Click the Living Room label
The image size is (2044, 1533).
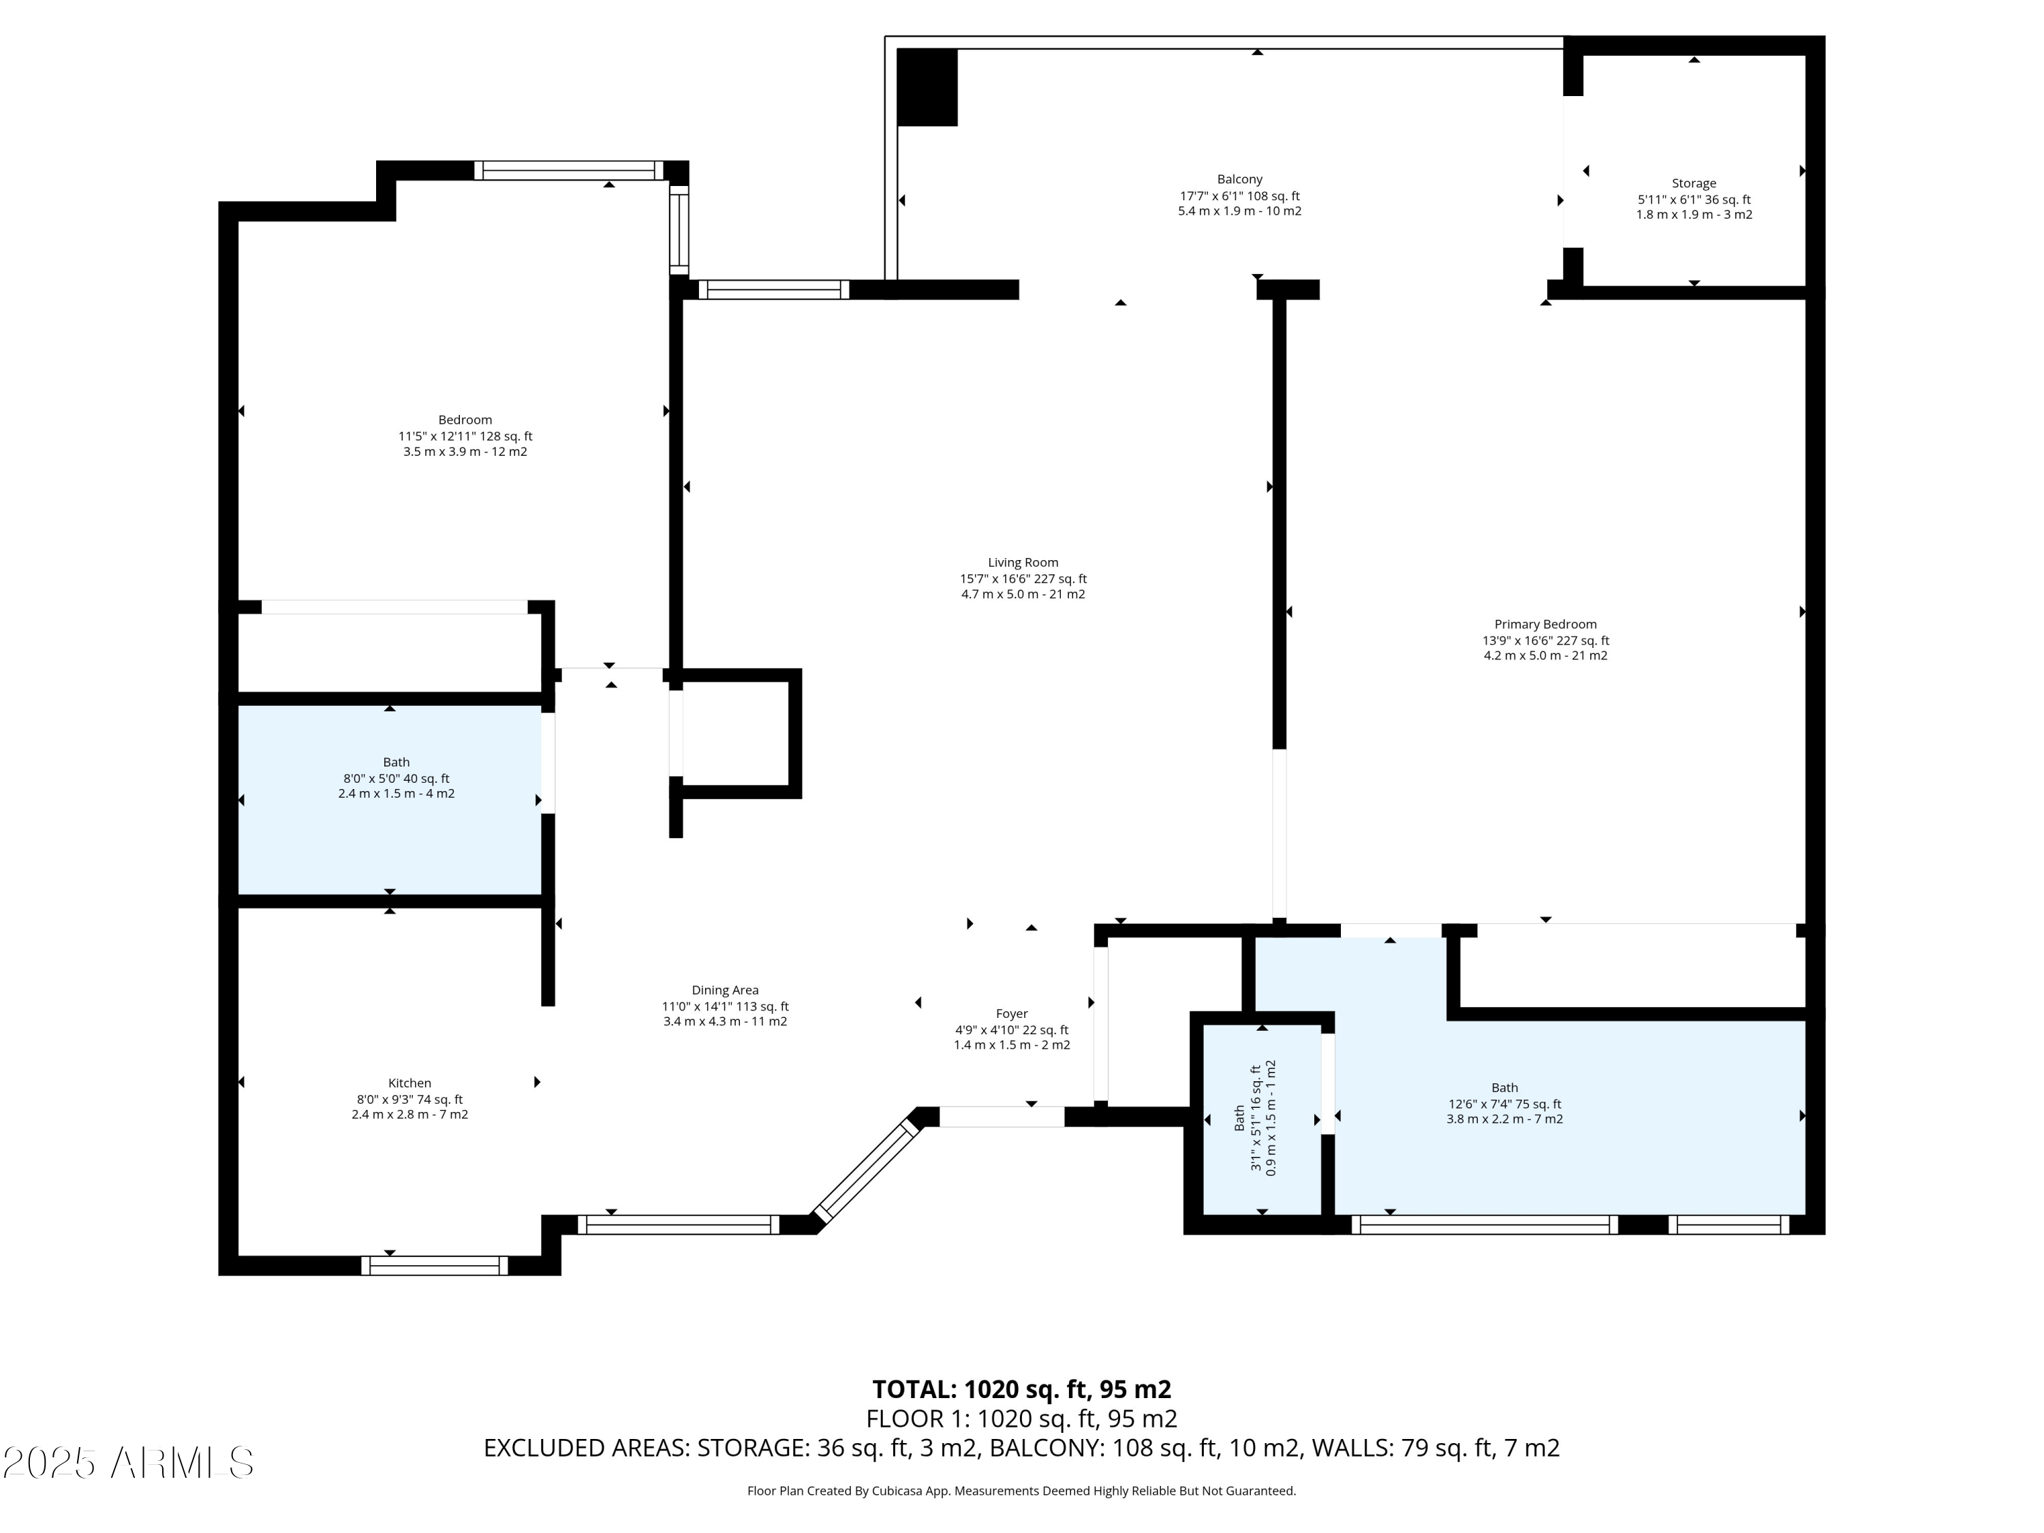click(x=1023, y=563)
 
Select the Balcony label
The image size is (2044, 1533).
click(x=1239, y=179)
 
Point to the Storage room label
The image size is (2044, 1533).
click(x=1694, y=184)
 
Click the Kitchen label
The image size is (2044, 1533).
click(x=409, y=1083)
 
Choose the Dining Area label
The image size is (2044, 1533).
click(x=726, y=991)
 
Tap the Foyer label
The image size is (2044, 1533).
click(x=1012, y=1014)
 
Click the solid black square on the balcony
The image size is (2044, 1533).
click(x=928, y=88)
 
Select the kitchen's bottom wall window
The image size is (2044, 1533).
click(x=434, y=1265)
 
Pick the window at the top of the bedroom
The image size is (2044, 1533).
click(x=569, y=170)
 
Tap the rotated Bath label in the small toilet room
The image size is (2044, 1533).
click(x=1239, y=1118)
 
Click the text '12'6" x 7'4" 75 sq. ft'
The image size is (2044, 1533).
click(x=1504, y=1103)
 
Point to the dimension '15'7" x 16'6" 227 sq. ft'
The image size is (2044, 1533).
click(x=1023, y=579)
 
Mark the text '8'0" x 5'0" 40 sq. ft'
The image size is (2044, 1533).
click(x=397, y=779)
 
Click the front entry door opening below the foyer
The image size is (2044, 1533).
click(x=1002, y=1116)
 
